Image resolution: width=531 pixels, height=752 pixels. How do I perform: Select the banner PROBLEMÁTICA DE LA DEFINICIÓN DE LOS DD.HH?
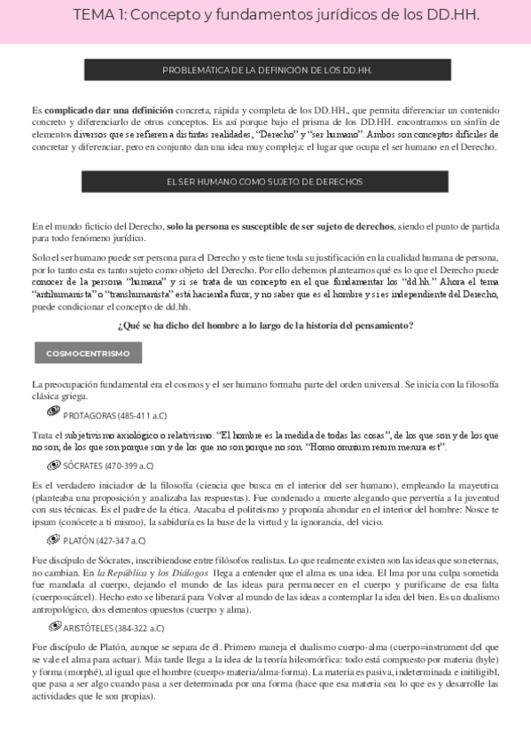pyautogui.click(x=264, y=69)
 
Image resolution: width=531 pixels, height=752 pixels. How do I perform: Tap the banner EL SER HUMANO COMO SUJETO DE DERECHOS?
pyautogui.click(x=264, y=181)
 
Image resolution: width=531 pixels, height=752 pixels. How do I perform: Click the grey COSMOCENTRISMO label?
pyautogui.click(x=88, y=353)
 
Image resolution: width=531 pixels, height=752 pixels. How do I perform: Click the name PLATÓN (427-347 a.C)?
pyautogui.click(x=105, y=540)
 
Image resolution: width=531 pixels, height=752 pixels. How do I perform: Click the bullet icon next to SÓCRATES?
pyautogui.click(x=53, y=464)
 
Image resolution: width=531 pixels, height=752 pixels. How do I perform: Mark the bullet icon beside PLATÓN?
pyautogui.click(x=53, y=539)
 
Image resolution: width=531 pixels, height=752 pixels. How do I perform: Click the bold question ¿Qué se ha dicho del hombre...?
pyautogui.click(x=265, y=325)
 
